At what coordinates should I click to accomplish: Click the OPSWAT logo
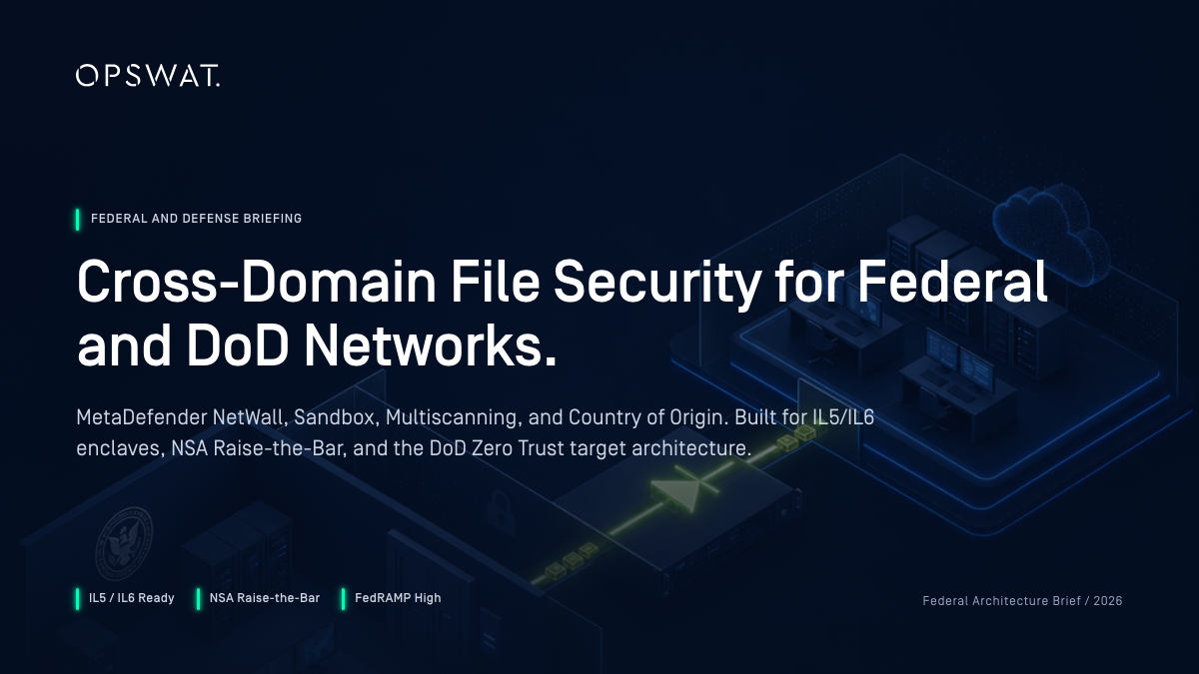[x=148, y=76]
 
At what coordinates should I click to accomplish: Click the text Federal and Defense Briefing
[x=196, y=219]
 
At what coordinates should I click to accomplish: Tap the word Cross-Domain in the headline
[x=257, y=282]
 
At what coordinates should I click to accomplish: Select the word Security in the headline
[x=656, y=285]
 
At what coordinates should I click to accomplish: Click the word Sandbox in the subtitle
[x=336, y=417]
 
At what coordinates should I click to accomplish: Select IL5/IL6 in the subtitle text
[x=843, y=417]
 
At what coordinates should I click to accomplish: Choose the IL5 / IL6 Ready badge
[x=125, y=598]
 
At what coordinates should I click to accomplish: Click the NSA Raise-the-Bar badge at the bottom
[x=258, y=598]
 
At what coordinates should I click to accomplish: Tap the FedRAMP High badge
[x=392, y=598]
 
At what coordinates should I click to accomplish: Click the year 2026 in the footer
[x=1107, y=601]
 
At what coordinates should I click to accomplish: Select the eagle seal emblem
[x=123, y=544]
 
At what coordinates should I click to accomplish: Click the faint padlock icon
[x=500, y=512]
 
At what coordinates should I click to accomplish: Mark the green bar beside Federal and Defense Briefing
[x=78, y=220]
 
